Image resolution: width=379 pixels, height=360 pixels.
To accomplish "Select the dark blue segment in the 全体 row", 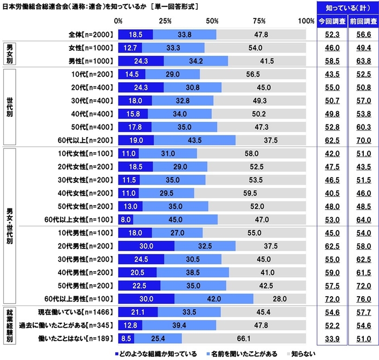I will (135, 34).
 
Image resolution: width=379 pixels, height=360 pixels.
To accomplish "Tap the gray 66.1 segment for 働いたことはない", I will (244, 339).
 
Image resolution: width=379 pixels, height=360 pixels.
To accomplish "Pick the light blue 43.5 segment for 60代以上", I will (193, 140).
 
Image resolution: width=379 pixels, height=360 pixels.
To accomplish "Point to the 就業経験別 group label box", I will (10, 325).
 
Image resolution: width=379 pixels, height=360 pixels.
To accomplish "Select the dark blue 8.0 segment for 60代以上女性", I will (125, 219).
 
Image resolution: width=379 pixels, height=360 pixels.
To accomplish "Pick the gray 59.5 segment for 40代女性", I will (262, 193).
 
